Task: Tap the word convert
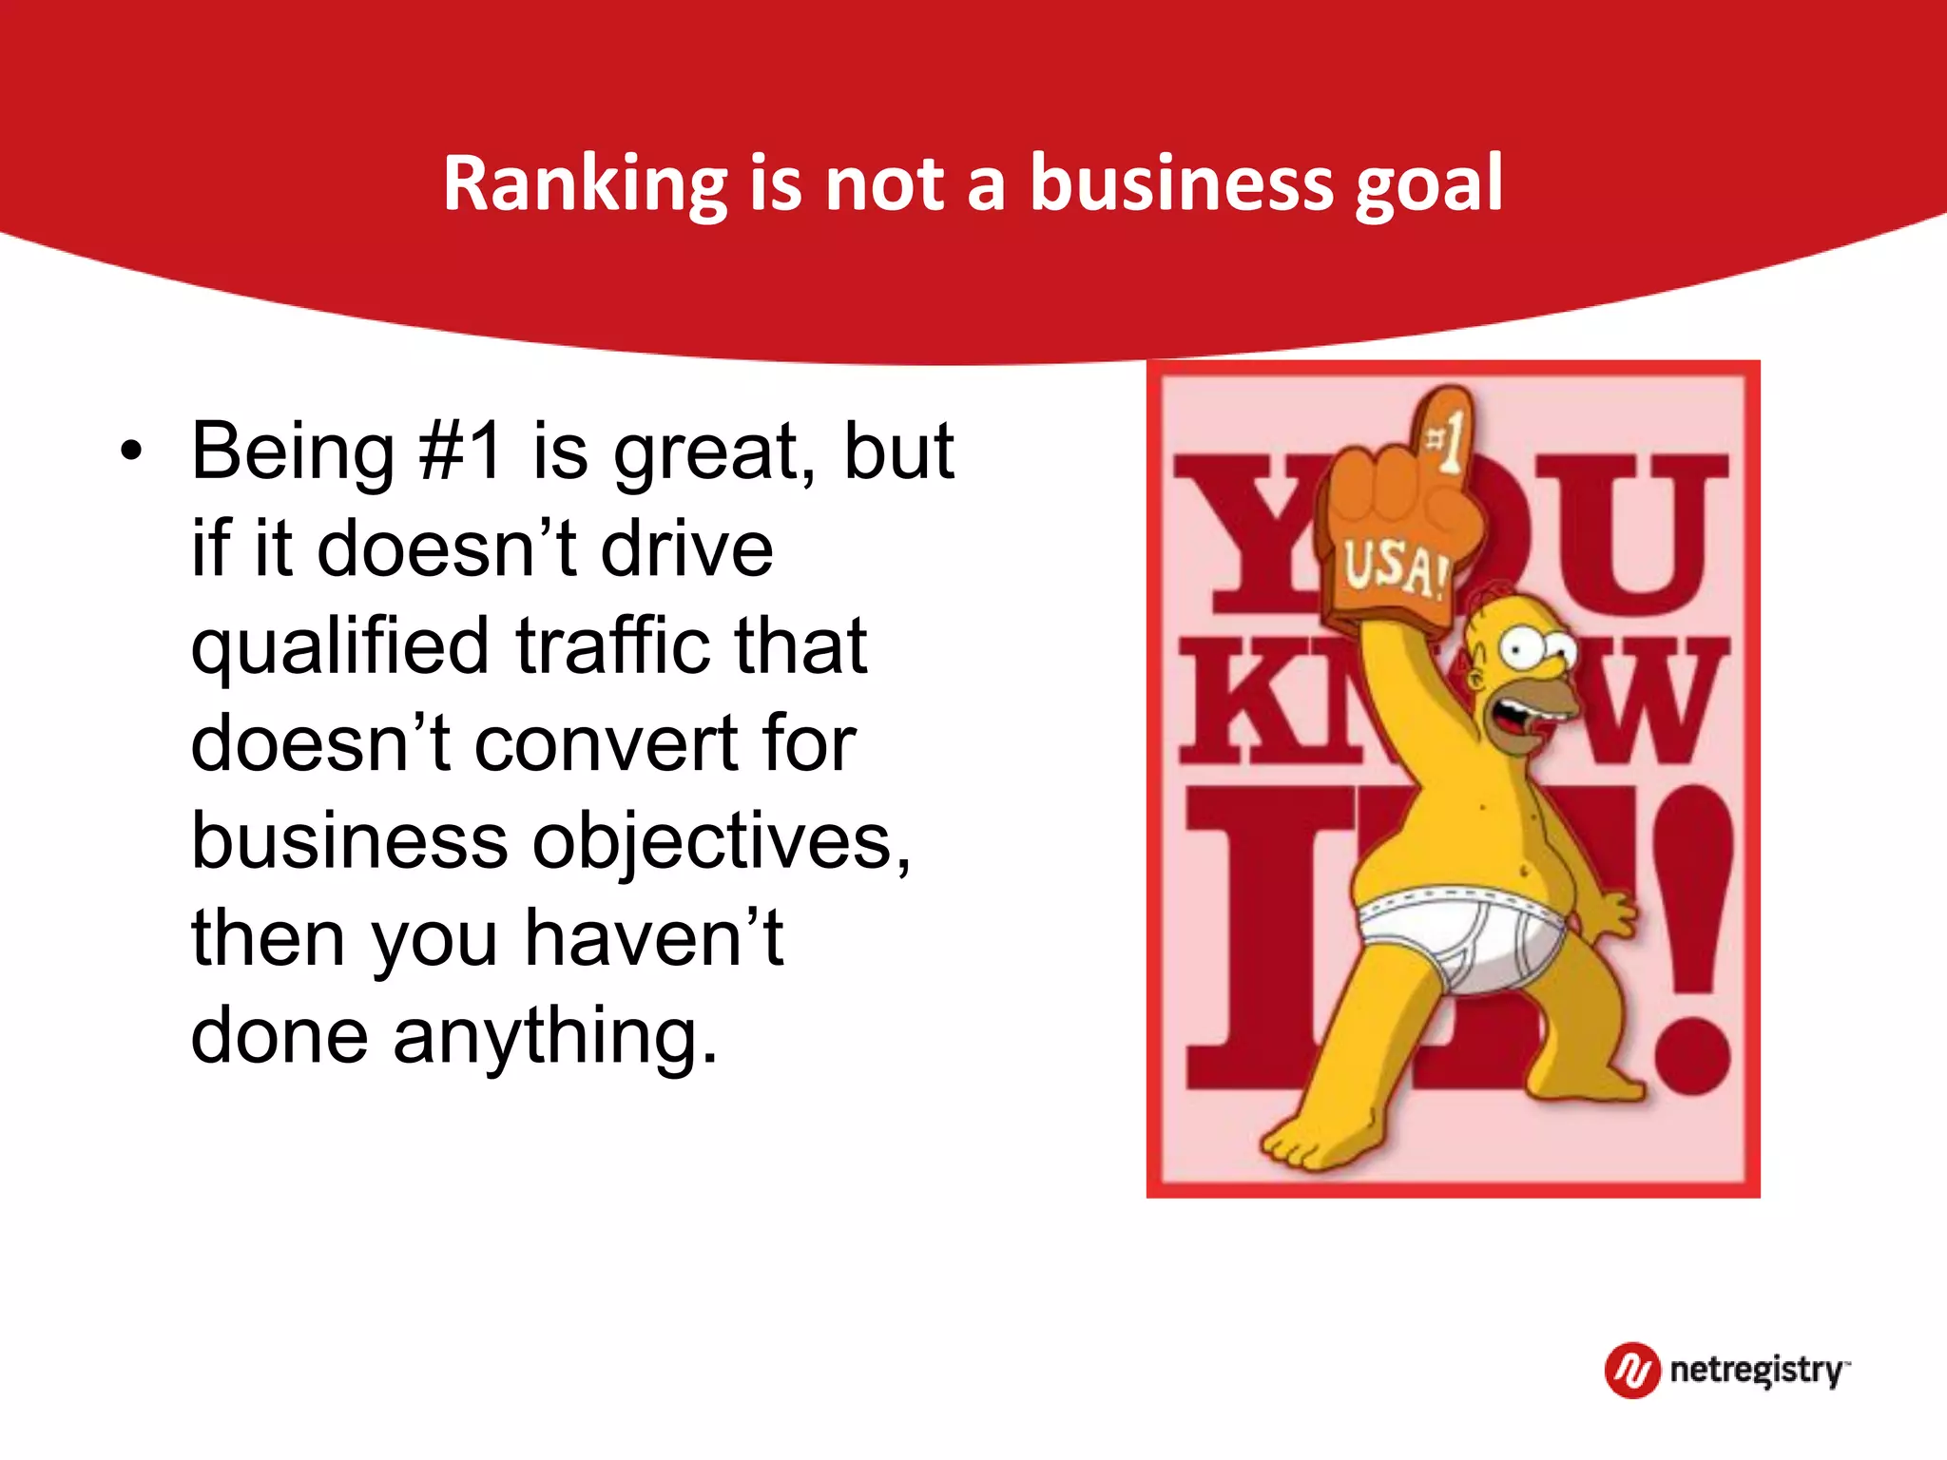pos(604,743)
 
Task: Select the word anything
pos(556,1036)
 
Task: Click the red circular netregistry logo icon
pos(1632,1370)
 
